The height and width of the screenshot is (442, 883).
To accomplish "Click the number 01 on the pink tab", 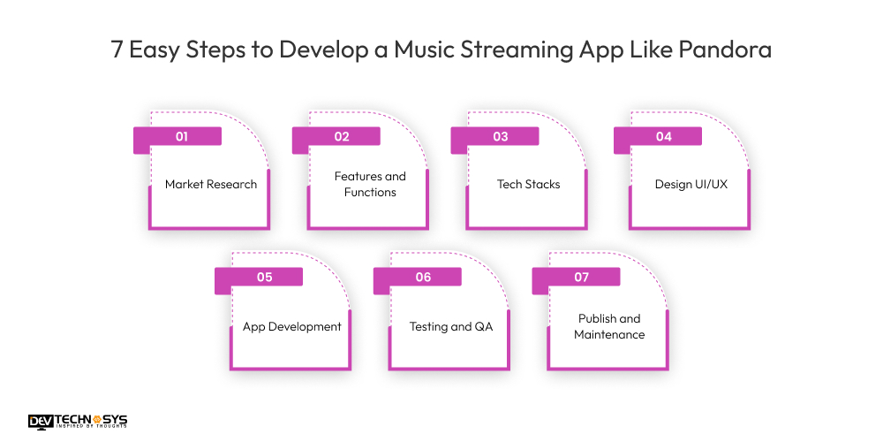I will pyautogui.click(x=182, y=137).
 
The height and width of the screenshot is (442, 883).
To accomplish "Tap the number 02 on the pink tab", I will pyautogui.click(x=342, y=137).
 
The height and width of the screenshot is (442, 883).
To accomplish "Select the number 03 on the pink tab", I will pyautogui.click(x=501, y=137).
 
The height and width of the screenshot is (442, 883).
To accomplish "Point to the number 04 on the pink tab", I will pyautogui.click(x=663, y=137).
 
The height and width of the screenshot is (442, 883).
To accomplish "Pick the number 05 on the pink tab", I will pyautogui.click(x=264, y=278).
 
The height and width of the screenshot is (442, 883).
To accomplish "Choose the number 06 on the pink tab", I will pyautogui.click(x=423, y=278).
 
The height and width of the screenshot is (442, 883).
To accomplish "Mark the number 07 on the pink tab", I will pyautogui.click(x=581, y=278).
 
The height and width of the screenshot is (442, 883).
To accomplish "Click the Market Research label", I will pyautogui.click(x=211, y=185).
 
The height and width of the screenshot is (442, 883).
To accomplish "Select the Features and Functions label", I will pyautogui.click(x=370, y=184).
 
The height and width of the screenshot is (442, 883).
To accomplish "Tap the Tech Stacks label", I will pyautogui.click(x=528, y=185).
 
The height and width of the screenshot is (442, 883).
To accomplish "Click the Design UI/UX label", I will pyautogui.click(x=691, y=185).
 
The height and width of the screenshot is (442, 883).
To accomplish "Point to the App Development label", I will pyautogui.click(x=291, y=326).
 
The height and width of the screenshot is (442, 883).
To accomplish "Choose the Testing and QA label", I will pyautogui.click(x=450, y=326).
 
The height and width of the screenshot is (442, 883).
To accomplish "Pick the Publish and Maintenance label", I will pyautogui.click(x=609, y=326).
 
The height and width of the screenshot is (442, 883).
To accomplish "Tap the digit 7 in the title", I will pyautogui.click(x=117, y=50).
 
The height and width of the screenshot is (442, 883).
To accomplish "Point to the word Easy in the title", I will pyautogui.click(x=155, y=50).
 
